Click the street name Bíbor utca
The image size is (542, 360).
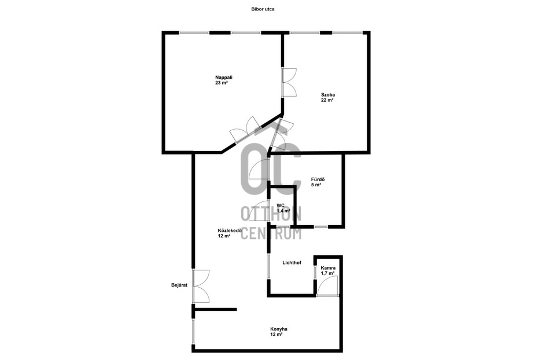263,9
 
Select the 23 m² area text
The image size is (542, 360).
222,83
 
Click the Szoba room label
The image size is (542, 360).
328,95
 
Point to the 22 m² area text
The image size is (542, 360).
327,100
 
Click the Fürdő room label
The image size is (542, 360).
318,179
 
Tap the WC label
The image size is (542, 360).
281,205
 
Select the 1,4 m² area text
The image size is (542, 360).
283,211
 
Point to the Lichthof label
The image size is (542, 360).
292,263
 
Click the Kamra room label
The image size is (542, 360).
328,268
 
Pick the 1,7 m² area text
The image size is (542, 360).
328,273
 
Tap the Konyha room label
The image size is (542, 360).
279,329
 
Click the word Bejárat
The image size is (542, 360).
179,285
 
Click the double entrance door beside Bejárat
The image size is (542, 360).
201,286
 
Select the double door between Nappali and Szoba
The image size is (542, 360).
289,82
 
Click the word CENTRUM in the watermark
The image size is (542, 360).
271,234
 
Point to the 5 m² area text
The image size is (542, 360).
316,185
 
